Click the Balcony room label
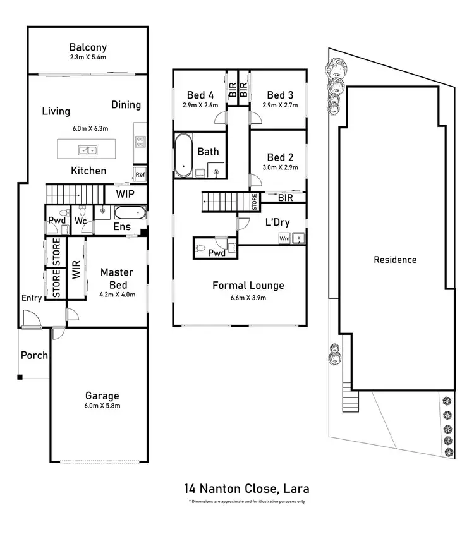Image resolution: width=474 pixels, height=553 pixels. point(88,47)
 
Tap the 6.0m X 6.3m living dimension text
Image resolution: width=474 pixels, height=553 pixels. point(90,128)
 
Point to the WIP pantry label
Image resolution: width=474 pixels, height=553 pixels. point(125,192)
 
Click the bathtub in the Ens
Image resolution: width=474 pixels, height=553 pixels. point(130,212)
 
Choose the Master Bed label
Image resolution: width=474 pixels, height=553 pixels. point(117,279)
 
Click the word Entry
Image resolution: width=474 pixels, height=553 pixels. point(32,298)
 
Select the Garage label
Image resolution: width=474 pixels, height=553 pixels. point(102,396)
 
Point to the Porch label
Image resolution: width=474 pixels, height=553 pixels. point(34,355)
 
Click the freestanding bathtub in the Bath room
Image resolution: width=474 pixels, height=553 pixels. point(184,155)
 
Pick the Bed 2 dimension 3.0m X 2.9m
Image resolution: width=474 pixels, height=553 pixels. point(281,167)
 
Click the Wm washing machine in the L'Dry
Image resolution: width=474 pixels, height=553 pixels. point(284,238)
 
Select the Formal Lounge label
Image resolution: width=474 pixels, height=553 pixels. point(248,286)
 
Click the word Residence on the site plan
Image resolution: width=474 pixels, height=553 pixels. point(395,259)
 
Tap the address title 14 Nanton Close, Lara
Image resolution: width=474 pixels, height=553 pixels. point(246,489)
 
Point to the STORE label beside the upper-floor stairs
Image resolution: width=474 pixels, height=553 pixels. point(254,203)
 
